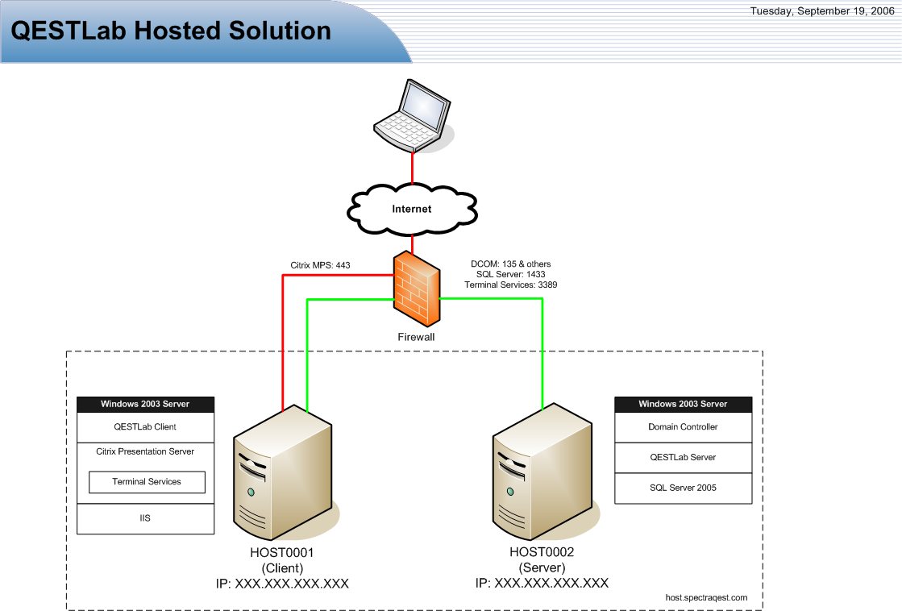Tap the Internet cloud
click(412, 209)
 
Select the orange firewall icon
click(417, 287)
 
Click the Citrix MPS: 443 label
click(320, 264)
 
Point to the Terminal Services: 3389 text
click(511, 285)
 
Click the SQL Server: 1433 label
click(511, 274)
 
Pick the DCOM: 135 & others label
click(511, 264)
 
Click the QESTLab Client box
click(146, 426)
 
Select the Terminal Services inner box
click(147, 482)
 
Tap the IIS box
click(146, 518)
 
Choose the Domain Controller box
click(683, 426)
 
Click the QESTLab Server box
click(683, 457)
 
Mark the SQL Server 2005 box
click(683, 488)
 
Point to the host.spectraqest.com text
click(706, 597)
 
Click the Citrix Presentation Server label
click(145, 451)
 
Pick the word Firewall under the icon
click(417, 337)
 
